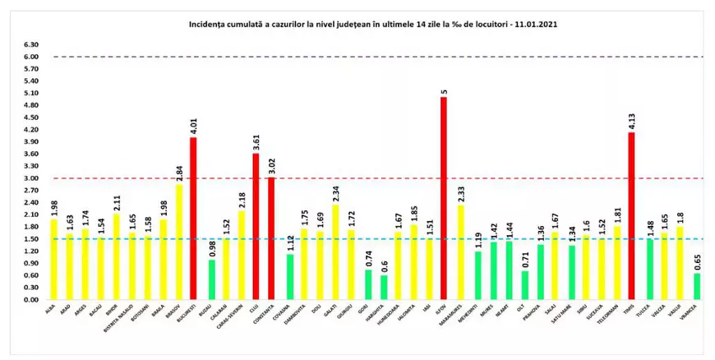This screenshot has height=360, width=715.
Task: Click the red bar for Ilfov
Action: (444, 198)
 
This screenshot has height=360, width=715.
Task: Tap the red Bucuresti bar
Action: (194, 218)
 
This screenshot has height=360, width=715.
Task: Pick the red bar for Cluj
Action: (256, 226)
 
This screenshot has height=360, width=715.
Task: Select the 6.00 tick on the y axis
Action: (31, 57)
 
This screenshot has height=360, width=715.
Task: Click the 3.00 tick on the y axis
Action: (31, 178)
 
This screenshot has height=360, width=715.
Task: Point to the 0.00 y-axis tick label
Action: (31, 300)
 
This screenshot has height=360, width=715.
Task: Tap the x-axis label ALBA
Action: (50, 310)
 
